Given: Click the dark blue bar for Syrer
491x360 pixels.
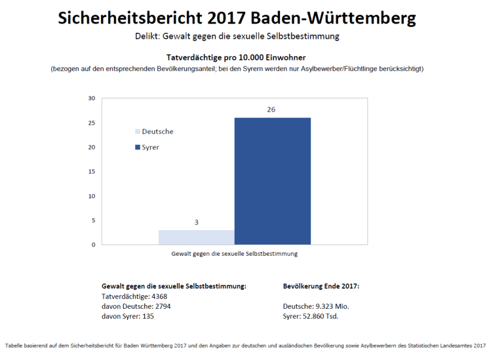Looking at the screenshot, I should click(x=272, y=181).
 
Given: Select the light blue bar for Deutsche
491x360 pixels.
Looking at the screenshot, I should click(x=196, y=237).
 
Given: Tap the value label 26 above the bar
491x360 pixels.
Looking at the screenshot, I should click(x=271, y=110).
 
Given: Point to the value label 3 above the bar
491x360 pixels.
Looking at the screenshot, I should click(x=196, y=222).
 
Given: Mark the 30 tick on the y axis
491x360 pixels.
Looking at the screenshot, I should click(x=92, y=98).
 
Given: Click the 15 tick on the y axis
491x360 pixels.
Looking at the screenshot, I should click(x=92, y=172).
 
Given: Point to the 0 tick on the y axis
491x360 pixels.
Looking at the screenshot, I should click(x=94, y=245).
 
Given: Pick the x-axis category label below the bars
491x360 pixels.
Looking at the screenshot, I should click(x=235, y=253).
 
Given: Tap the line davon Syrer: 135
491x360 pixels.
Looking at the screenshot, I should click(x=128, y=316).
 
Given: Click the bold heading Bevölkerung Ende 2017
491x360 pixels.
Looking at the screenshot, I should click(x=321, y=287).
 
